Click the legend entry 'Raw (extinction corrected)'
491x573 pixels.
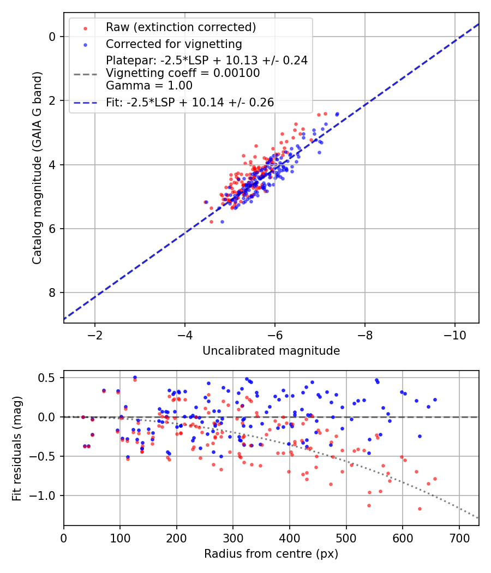pyautogui.click(x=181, y=27)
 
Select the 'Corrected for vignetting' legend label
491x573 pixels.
pyautogui.click(x=173, y=44)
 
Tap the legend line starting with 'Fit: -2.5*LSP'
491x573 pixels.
pyautogui.click(x=190, y=102)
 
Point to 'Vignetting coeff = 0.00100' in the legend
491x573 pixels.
pyautogui.click(x=183, y=73)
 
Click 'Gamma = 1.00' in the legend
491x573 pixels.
pyautogui.click(x=149, y=85)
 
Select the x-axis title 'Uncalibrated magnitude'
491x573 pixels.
pyautogui.click(x=271, y=351)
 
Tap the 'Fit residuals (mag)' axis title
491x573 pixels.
pyautogui.click(x=17, y=449)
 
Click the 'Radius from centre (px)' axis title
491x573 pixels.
pyautogui.click(x=271, y=554)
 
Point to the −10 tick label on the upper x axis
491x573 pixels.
pyautogui.click(x=454, y=333)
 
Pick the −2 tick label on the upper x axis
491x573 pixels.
pyautogui.click(x=95, y=333)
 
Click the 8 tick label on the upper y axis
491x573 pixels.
pyautogui.click(x=53, y=293)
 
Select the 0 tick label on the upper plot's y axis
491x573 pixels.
pyautogui.click(x=53, y=37)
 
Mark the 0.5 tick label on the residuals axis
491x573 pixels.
pyautogui.click(x=49, y=378)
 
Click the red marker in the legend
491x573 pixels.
pyautogui.click(x=85, y=27)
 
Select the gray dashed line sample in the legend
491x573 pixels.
pyautogui.click(x=85, y=73)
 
